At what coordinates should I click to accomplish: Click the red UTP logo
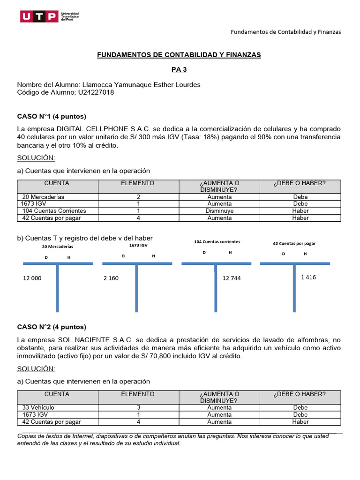(39, 17)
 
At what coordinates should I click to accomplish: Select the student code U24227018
(95, 92)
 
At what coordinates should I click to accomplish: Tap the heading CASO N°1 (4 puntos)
(52, 116)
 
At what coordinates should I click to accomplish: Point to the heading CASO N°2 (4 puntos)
(52, 327)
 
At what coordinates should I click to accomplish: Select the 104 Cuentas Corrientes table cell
(54, 211)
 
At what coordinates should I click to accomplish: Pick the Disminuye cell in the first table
(219, 211)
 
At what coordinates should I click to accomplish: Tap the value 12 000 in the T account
(32, 278)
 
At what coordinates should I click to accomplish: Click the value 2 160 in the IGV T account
(111, 278)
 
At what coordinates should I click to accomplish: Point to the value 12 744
(232, 278)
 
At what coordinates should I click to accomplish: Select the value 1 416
(308, 277)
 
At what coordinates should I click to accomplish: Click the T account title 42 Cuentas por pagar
(294, 243)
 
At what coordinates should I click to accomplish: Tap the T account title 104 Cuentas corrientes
(217, 241)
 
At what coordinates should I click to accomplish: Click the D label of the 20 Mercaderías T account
(46, 257)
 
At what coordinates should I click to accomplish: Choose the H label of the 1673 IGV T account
(153, 256)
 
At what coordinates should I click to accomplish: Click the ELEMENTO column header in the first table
(138, 183)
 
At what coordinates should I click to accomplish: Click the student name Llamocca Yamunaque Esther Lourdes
(141, 84)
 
